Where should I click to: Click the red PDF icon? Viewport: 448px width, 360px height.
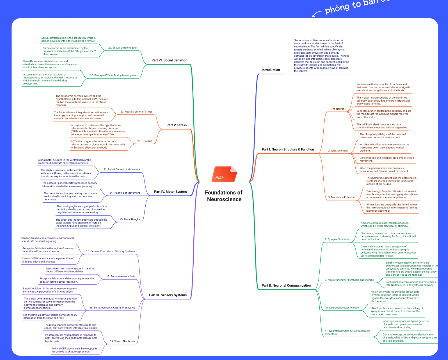[224, 174]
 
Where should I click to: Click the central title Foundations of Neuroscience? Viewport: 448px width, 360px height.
[224, 196]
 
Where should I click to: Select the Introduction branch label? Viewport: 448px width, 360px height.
[271, 70]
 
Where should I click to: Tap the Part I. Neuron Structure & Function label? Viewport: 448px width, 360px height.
[288, 149]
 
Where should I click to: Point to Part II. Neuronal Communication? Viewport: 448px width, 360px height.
[286, 286]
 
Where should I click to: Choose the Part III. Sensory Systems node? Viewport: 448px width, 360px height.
[168, 295]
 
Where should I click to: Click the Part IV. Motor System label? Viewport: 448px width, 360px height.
[170, 192]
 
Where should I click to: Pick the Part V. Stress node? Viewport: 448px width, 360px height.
[176, 125]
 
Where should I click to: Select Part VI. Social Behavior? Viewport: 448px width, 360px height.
[169, 60]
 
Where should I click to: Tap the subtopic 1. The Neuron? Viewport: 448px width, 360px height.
[336, 109]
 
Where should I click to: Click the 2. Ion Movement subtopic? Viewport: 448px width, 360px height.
[338, 151]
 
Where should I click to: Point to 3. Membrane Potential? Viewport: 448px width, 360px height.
[341, 197]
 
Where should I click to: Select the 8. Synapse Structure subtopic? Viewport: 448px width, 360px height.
[337, 239]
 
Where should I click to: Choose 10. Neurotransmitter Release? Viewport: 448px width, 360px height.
[342, 308]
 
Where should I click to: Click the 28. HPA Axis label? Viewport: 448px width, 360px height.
[145, 141]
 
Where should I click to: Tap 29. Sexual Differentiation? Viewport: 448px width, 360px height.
[123, 48]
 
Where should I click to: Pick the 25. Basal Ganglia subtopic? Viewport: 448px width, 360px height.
[130, 219]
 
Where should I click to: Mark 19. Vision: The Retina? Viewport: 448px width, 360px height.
[122, 341]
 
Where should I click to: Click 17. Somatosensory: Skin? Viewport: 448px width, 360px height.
[121, 276]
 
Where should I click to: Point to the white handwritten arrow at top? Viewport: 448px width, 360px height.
[316, 13]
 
